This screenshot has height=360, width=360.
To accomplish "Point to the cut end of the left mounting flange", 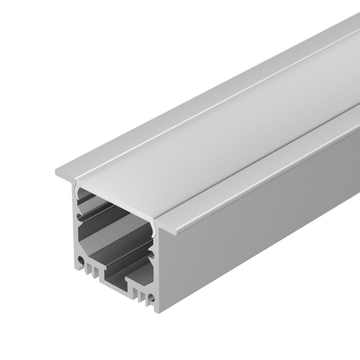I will pos(63,173).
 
